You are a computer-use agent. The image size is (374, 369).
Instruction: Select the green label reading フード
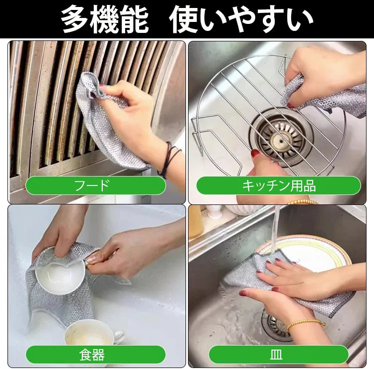[95, 185]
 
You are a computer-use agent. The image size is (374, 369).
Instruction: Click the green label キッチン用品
[278, 185]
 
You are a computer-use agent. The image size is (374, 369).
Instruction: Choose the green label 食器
[95, 355]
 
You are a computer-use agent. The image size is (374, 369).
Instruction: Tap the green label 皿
[278, 355]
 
